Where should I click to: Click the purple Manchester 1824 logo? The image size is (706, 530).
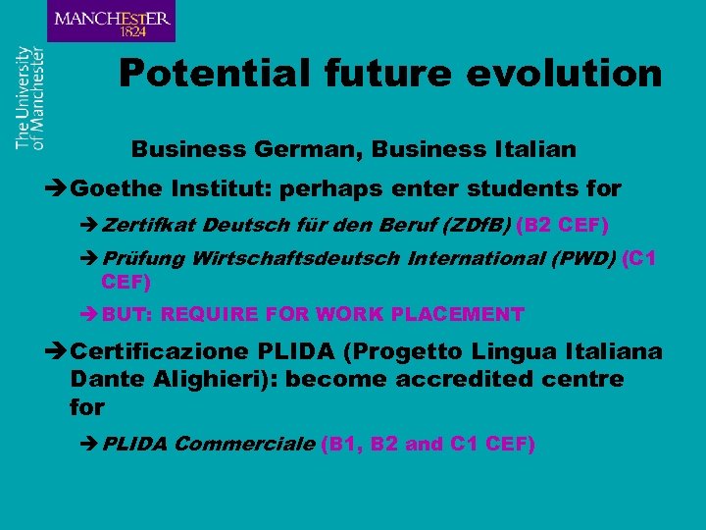tap(111, 21)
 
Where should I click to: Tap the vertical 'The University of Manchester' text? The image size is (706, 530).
tap(29, 97)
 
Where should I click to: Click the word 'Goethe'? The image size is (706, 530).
tap(117, 186)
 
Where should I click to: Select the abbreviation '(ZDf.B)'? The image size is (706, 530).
tap(478, 226)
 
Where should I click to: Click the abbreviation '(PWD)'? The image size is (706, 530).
tap(582, 260)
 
